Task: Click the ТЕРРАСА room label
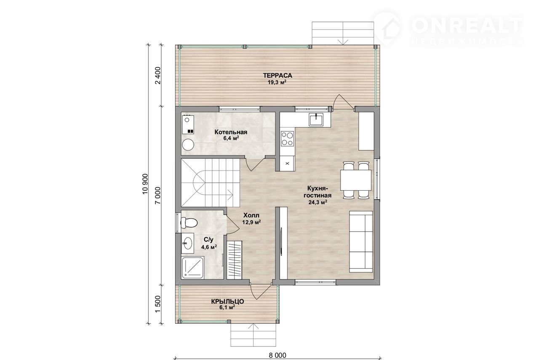(x=278, y=75)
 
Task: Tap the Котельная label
(x=231, y=132)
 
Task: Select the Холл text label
(x=251, y=215)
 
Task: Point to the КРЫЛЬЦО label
(x=227, y=301)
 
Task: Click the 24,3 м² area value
(x=318, y=202)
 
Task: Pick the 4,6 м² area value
(x=209, y=247)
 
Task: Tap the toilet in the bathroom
(x=189, y=222)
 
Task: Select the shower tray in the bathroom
(x=193, y=268)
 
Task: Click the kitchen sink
(x=316, y=119)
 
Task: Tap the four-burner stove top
(x=287, y=139)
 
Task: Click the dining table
(x=356, y=180)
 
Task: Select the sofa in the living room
(x=361, y=242)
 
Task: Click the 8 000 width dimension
(x=278, y=355)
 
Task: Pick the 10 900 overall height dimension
(x=145, y=184)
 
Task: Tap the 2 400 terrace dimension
(x=158, y=75)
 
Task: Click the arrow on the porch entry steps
(x=253, y=336)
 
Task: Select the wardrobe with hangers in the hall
(x=235, y=260)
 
